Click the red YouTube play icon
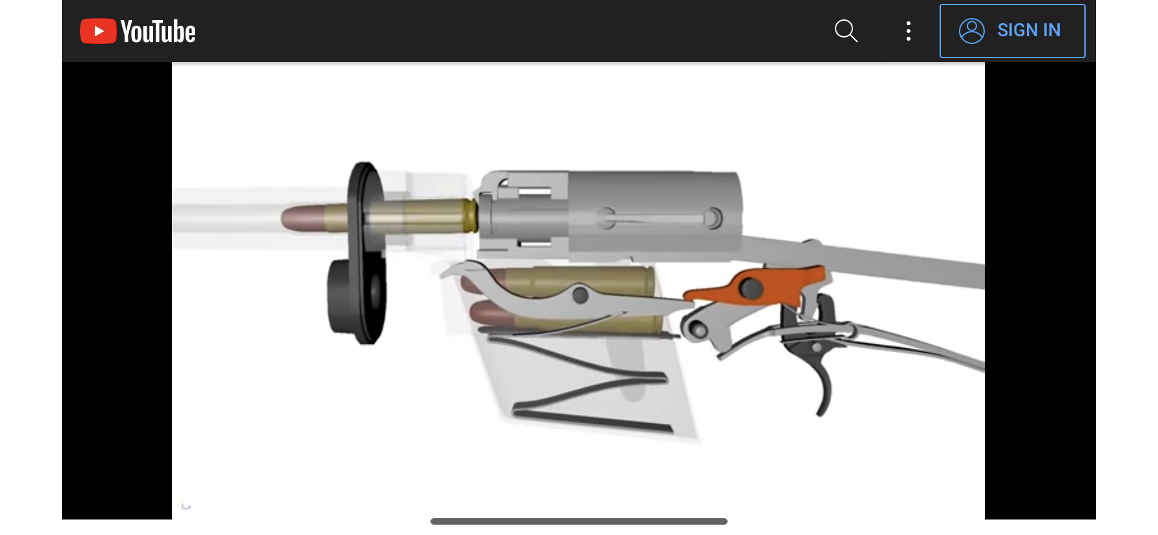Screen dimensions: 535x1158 pyautogui.click(x=98, y=31)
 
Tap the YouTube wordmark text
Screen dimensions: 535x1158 pyautogui.click(x=158, y=32)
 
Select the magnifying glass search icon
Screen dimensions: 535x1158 pyautogui.click(x=845, y=30)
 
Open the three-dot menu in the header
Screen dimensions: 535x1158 pyautogui.click(x=908, y=31)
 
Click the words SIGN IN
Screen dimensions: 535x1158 pyautogui.click(x=1028, y=30)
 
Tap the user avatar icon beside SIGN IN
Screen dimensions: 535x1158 pyautogui.click(x=971, y=30)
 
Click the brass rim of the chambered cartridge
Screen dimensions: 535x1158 pyautogui.click(x=470, y=216)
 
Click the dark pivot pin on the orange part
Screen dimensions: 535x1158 pyautogui.click(x=750, y=288)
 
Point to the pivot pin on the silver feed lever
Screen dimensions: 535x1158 pyautogui.click(x=580, y=295)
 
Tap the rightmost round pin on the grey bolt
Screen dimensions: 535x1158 pyautogui.click(x=713, y=218)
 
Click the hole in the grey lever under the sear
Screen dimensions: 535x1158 pyautogui.click(x=699, y=330)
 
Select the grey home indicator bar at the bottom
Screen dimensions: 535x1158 pyautogui.click(x=578, y=521)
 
